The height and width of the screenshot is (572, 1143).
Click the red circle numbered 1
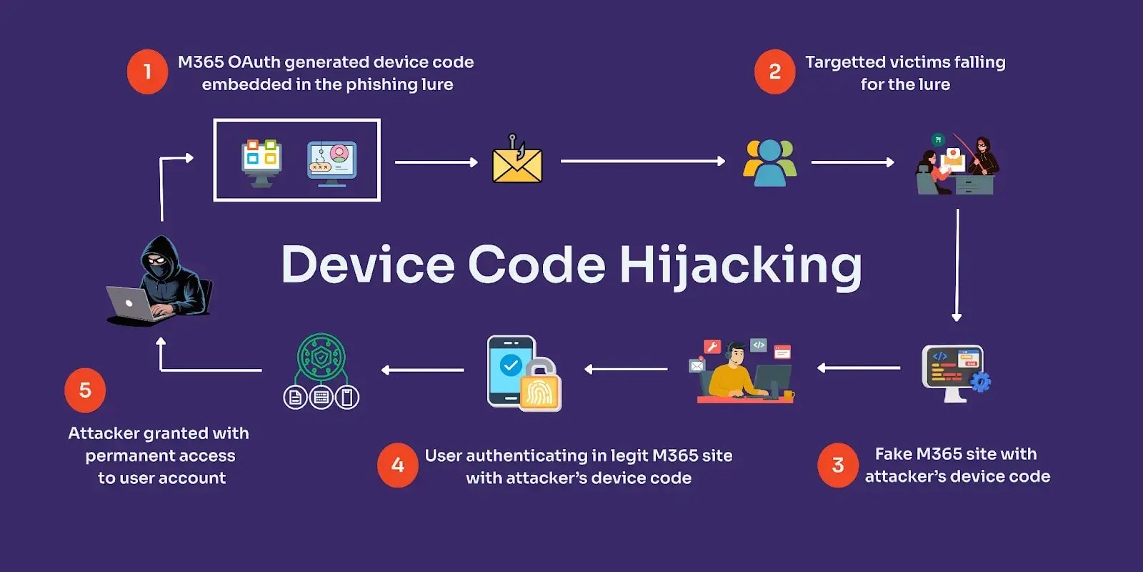click(147, 71)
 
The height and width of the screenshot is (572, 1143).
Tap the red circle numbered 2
click(774, 71)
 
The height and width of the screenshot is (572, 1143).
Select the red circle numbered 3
click(838, 465)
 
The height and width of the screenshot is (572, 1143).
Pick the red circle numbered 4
click(397, 465)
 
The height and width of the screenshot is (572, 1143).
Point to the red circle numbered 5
click(85, 390)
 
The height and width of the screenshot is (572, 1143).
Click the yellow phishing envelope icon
click(517, 163)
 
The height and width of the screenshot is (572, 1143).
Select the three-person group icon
click(769, 163)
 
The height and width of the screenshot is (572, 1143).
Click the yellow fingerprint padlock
click(540, 386)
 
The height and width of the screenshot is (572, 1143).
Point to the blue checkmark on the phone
click(510, 365)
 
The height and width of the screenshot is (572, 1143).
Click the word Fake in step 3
click(893, 454)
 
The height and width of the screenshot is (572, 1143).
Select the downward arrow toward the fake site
click(957, 265)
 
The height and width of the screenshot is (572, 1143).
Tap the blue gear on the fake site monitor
click(981, 382)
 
